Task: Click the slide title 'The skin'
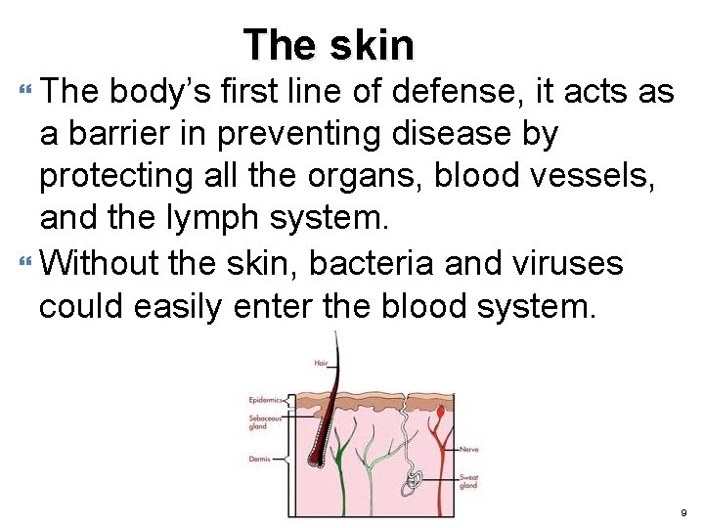[329, 44]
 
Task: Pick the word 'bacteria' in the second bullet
[372, 262]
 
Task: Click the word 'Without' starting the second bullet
[103, 262]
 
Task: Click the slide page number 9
[683, 511]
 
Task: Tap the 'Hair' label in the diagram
[321, 363]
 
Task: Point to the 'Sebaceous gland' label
[264, 421]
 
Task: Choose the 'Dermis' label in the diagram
[260, 458]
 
